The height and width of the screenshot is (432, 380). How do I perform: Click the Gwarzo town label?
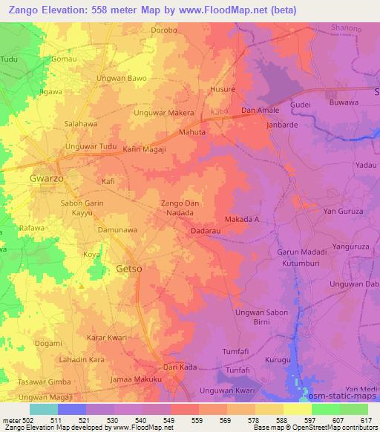tap(46, 179)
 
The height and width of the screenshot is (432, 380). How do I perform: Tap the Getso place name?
tap(129, 268)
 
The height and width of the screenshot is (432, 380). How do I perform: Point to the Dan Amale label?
tap(259, 111)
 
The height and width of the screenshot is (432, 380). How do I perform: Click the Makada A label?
tap(241, 220)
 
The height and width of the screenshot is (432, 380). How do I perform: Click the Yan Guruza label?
tap(341, 212)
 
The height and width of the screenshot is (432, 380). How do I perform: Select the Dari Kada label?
tap(180, 367)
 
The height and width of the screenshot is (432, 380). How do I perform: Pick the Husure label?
tap(223, 89)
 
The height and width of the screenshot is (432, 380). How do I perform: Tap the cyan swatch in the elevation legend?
tap(44, 409)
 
